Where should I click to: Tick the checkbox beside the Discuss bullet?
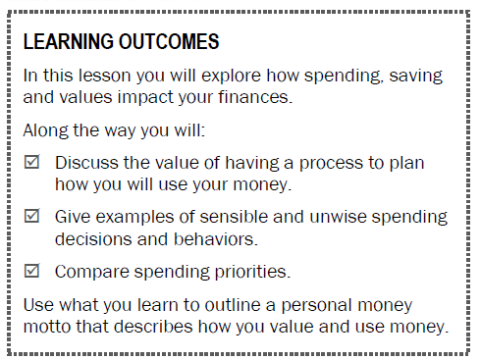point(31,163)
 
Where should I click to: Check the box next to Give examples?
point(31,216)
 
